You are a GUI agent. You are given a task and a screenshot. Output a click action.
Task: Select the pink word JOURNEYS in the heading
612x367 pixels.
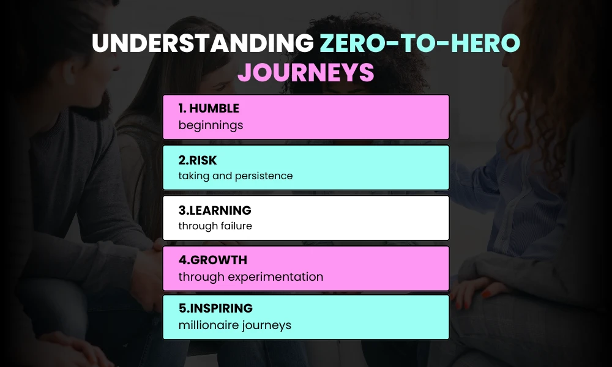(305, 72)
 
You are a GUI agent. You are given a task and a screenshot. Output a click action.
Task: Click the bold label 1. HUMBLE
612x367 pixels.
(209, 109)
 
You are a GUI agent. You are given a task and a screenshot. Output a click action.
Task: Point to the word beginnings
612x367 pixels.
(211, 125)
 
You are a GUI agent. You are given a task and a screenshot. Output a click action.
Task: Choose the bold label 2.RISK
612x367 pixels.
(198, 160)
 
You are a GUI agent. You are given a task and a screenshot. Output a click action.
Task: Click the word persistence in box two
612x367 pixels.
(263, 176)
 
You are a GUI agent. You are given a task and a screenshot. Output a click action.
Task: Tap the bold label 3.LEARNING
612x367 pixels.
(215, 210)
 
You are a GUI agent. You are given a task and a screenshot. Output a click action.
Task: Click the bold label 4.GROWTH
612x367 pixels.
(212, 261)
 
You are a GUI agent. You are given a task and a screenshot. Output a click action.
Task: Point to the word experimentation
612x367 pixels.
(275, 277)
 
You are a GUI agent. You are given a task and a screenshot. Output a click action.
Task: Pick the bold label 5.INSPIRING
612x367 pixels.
(215, 308)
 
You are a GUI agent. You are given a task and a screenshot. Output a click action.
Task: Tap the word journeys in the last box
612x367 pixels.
(267, 325)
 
